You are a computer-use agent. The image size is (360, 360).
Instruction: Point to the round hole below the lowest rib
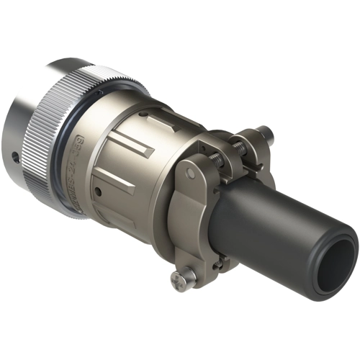[x=96, y=192]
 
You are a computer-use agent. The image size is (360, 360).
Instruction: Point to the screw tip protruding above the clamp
[x=267, y=132]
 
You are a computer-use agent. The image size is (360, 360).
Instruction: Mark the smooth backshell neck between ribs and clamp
[x=173, y=144]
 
